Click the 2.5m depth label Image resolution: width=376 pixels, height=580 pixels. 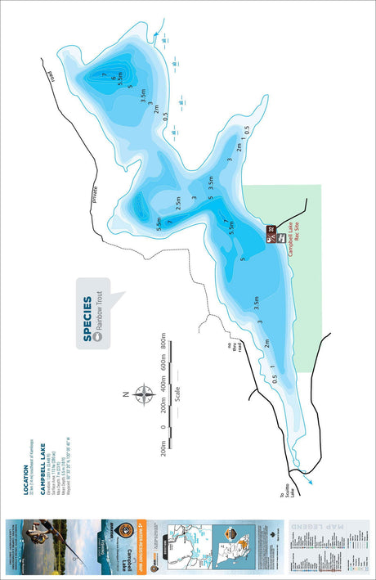177,202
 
